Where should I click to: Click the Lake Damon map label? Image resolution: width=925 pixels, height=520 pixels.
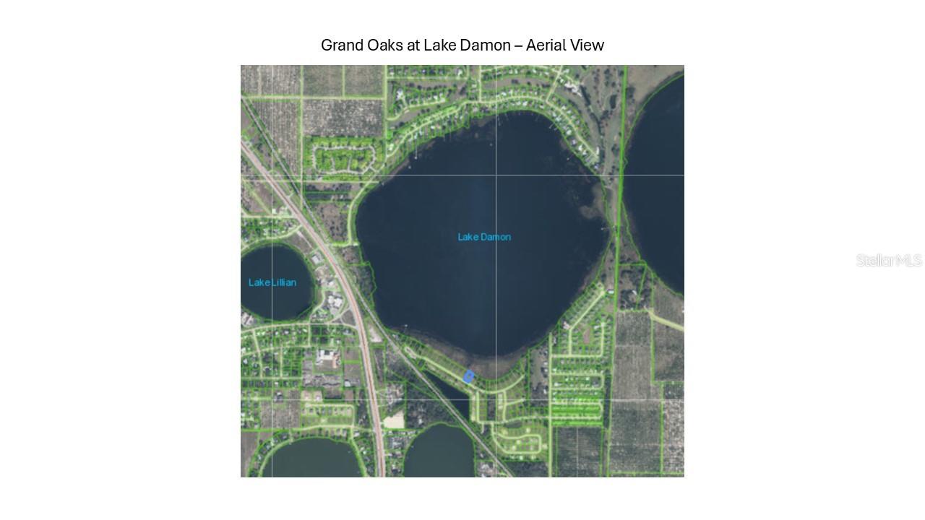click(x=484, y=237)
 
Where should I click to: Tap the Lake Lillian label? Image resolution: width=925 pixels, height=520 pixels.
click(x=272, y=282)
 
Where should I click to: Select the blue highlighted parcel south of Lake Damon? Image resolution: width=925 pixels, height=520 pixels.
click(x=468, y=376)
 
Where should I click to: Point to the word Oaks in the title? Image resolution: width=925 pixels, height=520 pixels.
click(x=383, y=45)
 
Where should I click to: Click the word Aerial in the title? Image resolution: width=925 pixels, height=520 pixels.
click(x=546, y=45)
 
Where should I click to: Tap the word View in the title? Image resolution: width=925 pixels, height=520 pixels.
click(x=587, y=45)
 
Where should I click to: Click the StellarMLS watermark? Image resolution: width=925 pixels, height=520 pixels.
click(x=889, y=260)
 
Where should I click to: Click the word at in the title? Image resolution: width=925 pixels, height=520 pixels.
click(x=413, y=45)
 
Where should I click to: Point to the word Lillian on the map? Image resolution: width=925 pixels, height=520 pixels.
click(x=283, y=282)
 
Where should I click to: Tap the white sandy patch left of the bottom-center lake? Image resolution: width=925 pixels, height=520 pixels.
click(x=394, y=420)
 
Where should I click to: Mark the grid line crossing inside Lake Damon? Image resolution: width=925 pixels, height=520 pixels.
click(x=496, y=175)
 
